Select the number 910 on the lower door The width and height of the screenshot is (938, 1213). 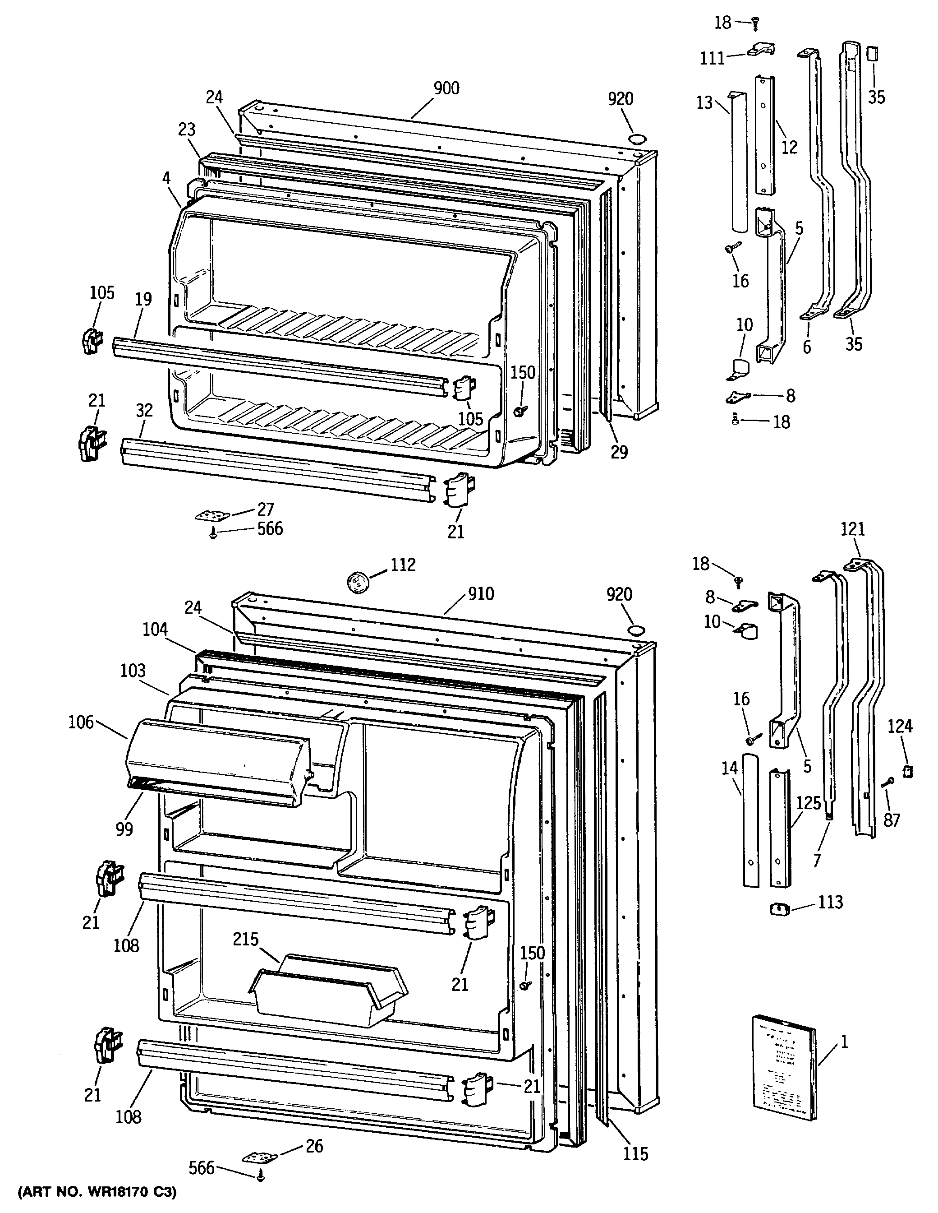[x=480, y=594]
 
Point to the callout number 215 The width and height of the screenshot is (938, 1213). [x=246, y=939]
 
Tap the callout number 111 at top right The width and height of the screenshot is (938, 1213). [x=712, y=58]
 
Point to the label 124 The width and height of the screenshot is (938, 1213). [x=900, y=726]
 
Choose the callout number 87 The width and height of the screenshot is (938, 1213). [x=892, y=820]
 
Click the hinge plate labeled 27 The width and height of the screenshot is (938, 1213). [x=212, y=516]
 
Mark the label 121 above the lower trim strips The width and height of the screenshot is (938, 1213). [x=852, y=529]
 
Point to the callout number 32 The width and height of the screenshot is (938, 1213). [x=144, y=411]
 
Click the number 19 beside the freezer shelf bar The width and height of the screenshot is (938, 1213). [x=143, y=299]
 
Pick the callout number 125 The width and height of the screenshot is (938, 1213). [x=808, y=803]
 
